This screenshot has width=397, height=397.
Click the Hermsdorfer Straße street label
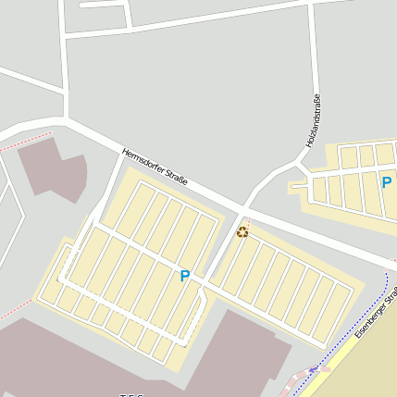point(155,167)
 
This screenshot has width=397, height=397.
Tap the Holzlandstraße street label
point(313,121)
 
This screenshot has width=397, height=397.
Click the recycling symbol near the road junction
point(242,231)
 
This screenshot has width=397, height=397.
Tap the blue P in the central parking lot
point(184,275)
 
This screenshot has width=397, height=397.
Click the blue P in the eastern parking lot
point(387,181)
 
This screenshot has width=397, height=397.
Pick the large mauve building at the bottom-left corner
point(56,361)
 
